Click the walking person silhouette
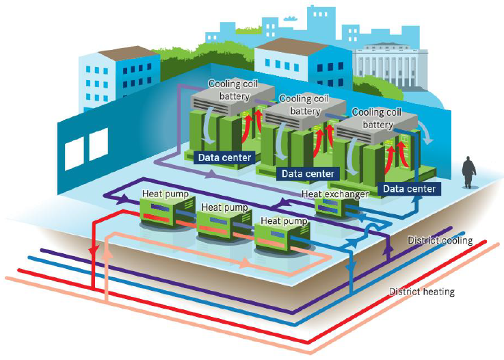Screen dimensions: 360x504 coord(468,171)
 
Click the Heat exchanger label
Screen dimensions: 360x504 coord(335,194)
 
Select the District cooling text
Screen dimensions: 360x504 coord(440,241)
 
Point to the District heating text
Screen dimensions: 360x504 coord(421,292)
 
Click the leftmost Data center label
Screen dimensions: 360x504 coord(224,157)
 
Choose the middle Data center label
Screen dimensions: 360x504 coord(307,174)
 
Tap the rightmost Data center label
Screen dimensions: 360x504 coord(408,188)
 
